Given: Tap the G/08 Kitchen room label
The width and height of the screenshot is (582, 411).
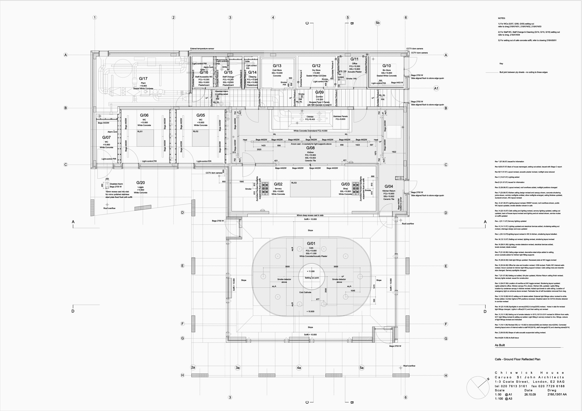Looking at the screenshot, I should click(310, 148).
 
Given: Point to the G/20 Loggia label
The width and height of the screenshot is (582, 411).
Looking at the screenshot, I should click(140, 183).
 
